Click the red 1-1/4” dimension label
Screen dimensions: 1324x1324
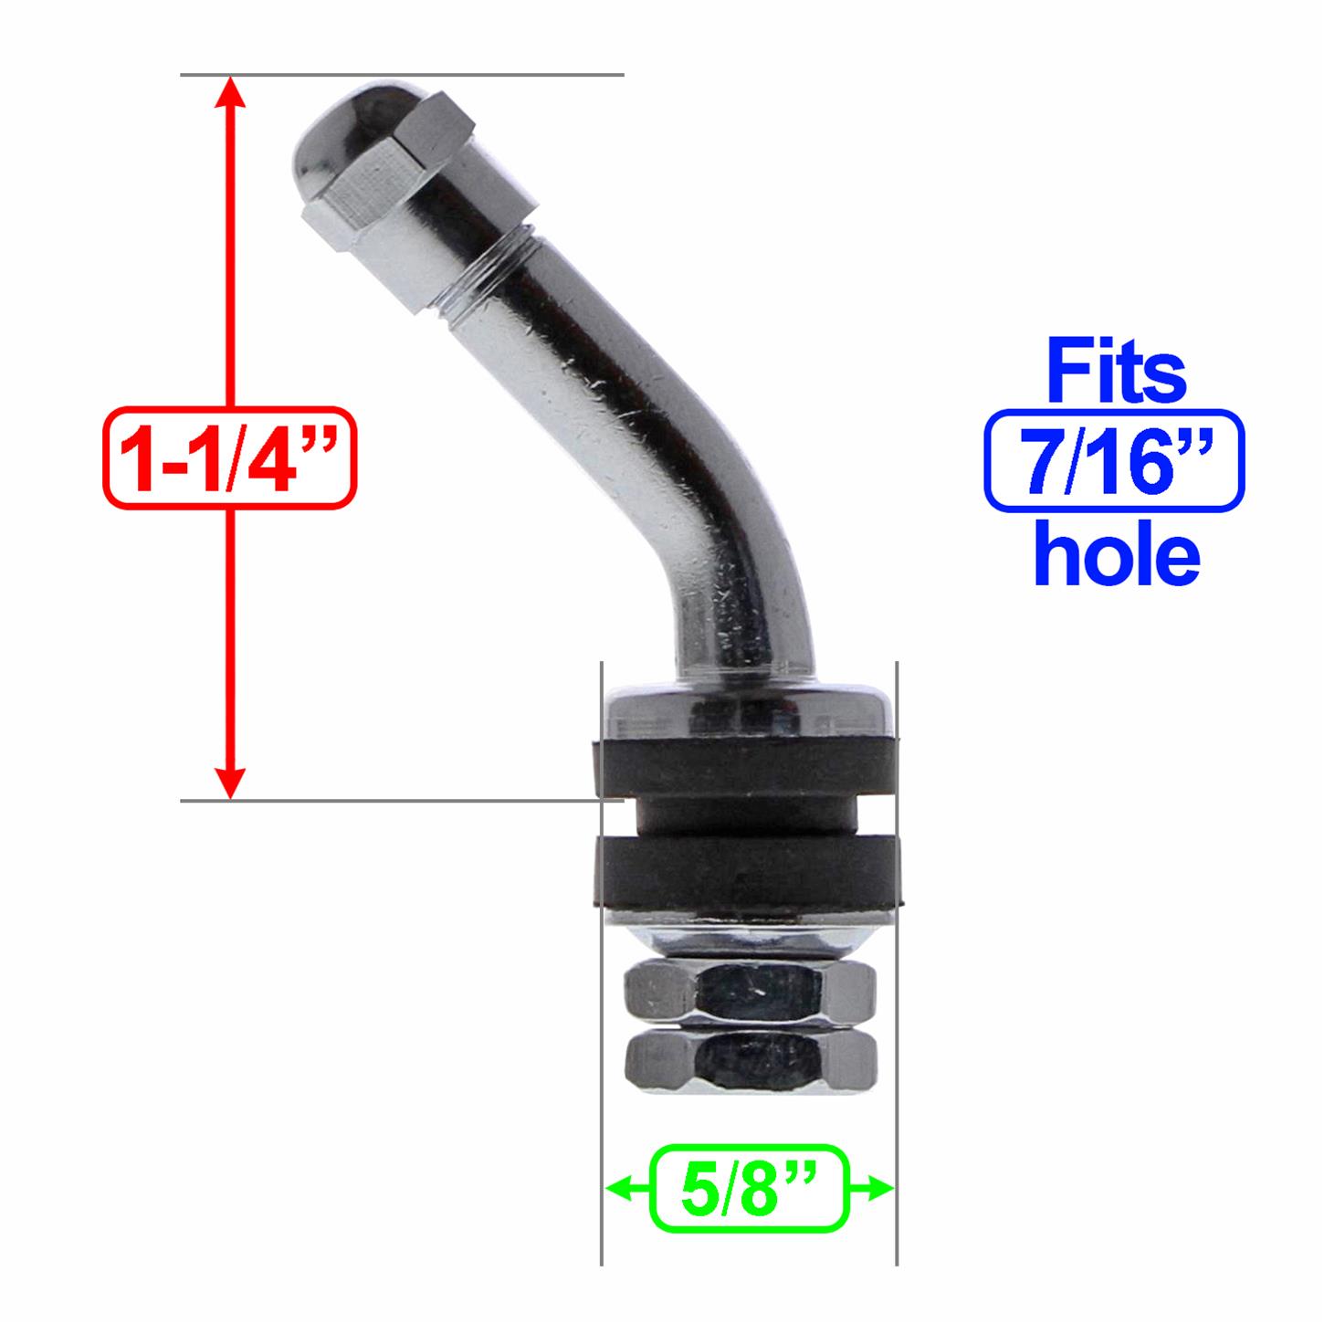click(229, 457)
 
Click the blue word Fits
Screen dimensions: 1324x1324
click(1116, 372)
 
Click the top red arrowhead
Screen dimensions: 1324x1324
click(231, 91)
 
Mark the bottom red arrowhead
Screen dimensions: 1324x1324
click(231, 783)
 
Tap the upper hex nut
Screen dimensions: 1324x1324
click(749, 991)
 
